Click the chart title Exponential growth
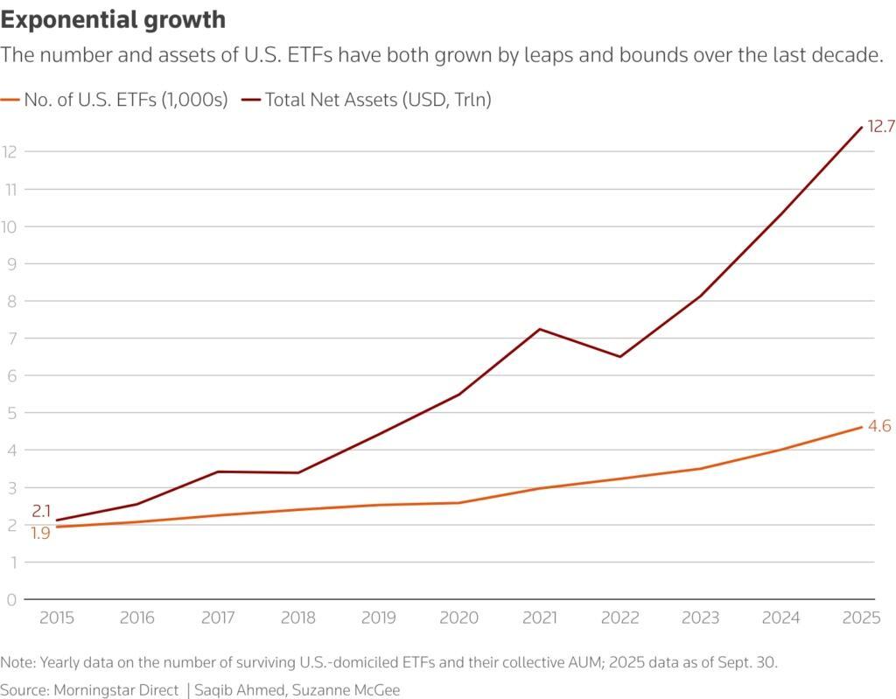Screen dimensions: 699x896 click(x=114, y=19)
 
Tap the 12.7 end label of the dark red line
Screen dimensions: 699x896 click(x=880, y=127)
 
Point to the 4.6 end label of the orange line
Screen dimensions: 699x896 click(x=880, y=427)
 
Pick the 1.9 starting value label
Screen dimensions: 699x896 click(x=41, y=532)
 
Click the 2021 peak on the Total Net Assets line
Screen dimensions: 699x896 click(x=540, y=329)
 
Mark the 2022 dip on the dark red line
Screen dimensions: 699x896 click(x=620, y=356)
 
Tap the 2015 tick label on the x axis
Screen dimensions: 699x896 click(x=57, y=618)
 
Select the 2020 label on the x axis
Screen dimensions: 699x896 click(x=459, y=618)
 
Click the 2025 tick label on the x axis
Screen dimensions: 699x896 click(x=861, y=618)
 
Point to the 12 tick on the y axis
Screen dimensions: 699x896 click(x=10, y=151)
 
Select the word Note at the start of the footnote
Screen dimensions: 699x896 click(x=17, y=662)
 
